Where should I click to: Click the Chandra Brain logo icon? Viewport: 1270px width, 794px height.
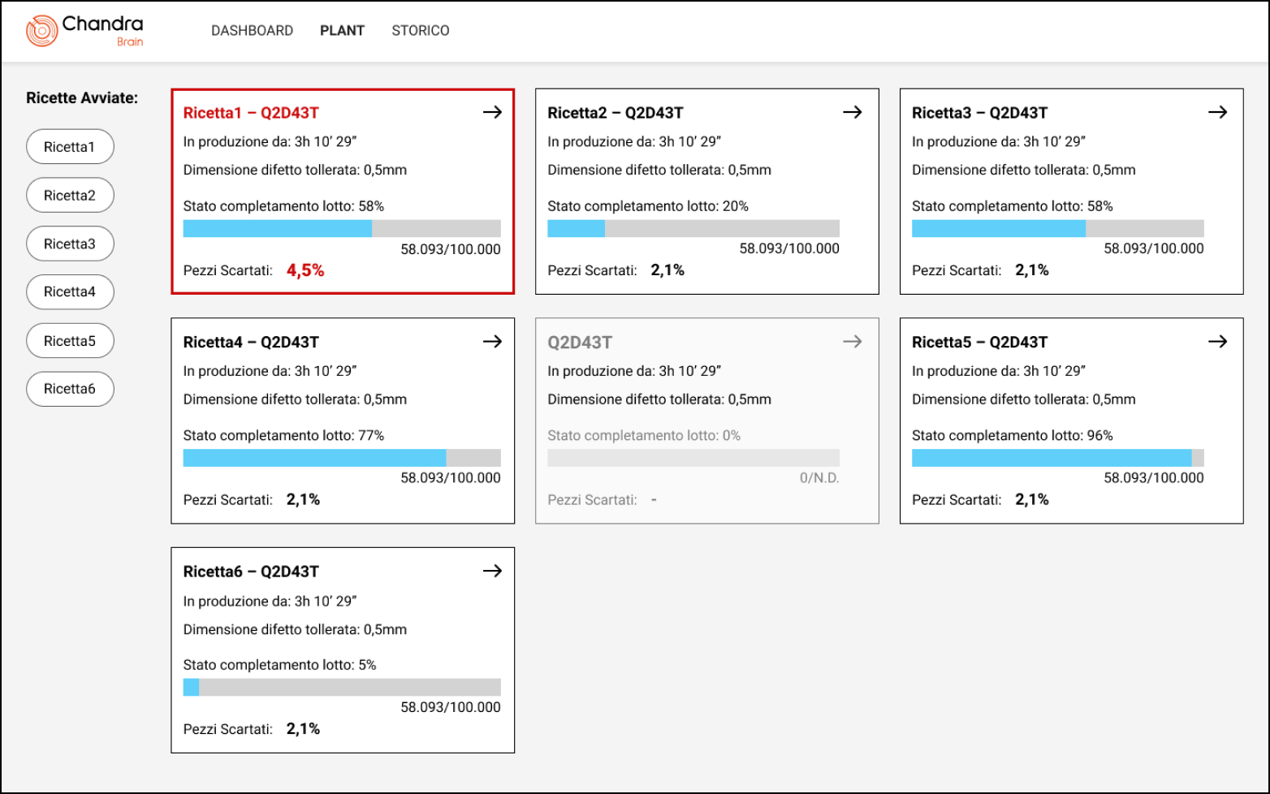click(x=42, y=31)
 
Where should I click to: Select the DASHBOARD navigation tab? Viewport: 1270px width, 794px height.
click(x=252, y=31)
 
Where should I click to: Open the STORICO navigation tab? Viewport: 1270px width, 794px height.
click(x=420, y=31)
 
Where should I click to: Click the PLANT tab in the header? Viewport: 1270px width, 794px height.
click(x=342, y=31)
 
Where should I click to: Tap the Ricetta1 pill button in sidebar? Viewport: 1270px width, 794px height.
click(x=70, y=147)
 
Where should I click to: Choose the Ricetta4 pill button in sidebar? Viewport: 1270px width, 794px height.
click(x=70, y=292)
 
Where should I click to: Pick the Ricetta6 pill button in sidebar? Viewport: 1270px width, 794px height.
click(x=70, y=389)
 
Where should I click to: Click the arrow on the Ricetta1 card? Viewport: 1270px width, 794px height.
click(x=492, y=112)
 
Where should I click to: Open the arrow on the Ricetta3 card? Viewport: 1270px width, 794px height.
click(x=1217, y=112)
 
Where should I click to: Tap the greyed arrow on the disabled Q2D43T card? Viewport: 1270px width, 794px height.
click(x=852, y=342)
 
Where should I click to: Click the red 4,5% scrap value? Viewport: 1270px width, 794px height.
click(x=305, y=270)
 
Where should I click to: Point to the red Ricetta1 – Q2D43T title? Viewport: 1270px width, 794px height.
click(x=251, y=113)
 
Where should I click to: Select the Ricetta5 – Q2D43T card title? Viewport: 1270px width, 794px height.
click(x=979, y=342)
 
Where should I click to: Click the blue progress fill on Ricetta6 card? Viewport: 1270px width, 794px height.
click(x=191, y=687)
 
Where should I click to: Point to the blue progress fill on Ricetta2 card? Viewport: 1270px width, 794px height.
click(x=576, y=228)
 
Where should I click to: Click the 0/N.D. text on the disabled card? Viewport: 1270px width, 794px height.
click(x=819, y=478)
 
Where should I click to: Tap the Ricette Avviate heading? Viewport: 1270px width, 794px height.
click(x=82, y=98)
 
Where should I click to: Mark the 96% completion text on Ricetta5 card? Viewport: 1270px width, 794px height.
click(x=1099, y=435)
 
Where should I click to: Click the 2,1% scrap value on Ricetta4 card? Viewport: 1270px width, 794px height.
click(x=303, y=499)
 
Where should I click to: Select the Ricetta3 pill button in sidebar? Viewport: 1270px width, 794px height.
click(x=70, y=244)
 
